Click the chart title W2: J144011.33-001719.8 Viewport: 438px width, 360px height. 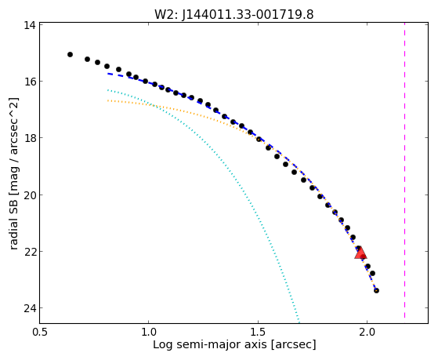pos(234,15)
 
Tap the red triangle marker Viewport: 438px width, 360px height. pos(360,253)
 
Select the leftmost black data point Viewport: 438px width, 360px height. pos(70,54)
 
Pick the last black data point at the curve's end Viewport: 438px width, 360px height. pos(376,291)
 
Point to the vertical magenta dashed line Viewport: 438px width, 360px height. pos(404,171)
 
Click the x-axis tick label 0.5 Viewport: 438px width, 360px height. pos(40,332)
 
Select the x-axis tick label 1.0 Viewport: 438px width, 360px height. pos(149,332)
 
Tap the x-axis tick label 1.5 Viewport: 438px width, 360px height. pos(258,332)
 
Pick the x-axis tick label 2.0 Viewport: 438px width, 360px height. pos(367,332)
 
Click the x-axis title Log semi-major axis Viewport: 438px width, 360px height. pos(210,344)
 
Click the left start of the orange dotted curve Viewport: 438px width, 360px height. pos(108,100)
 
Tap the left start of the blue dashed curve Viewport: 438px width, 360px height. pos(108,74)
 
